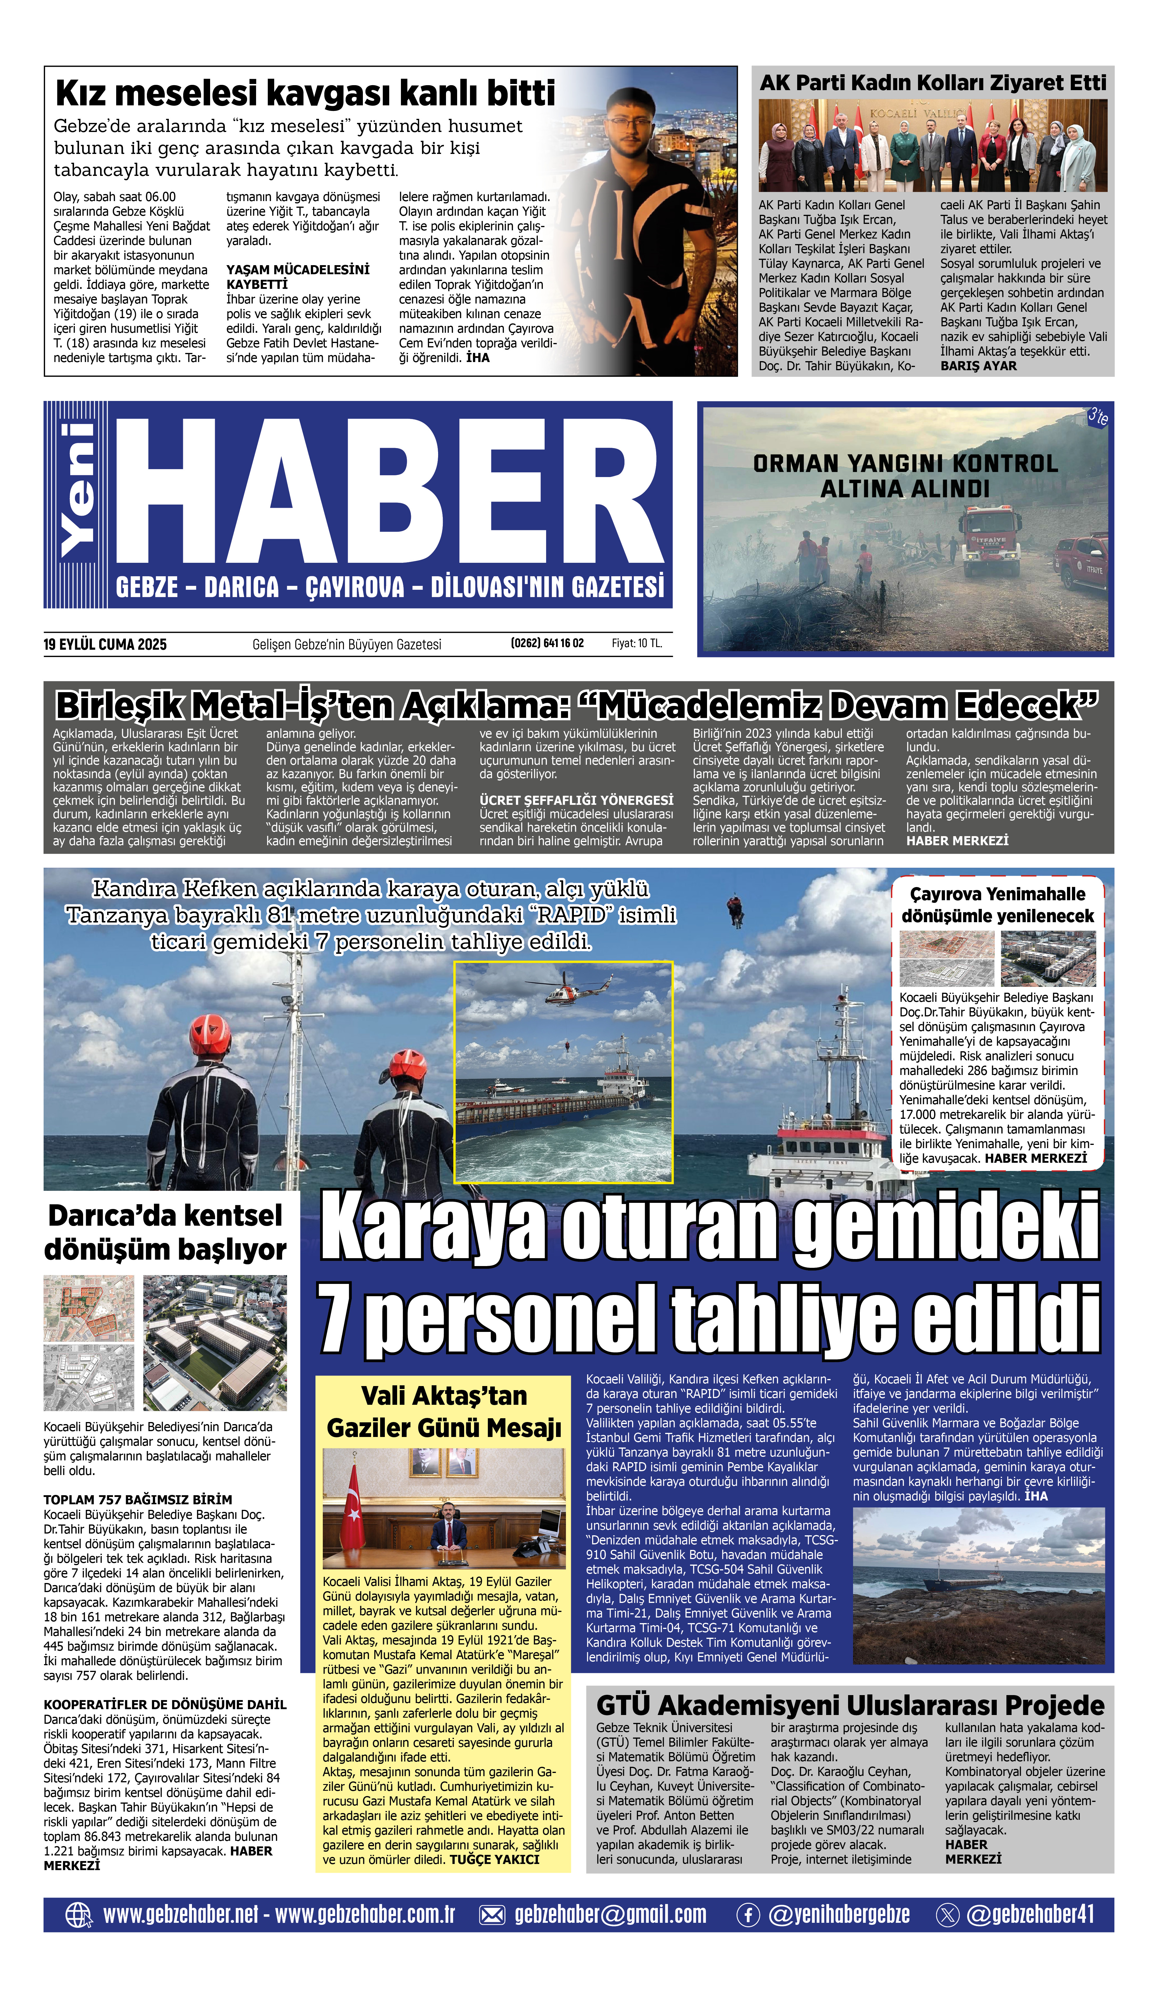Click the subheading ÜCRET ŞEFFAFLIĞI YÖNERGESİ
[x=575, y=800]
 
